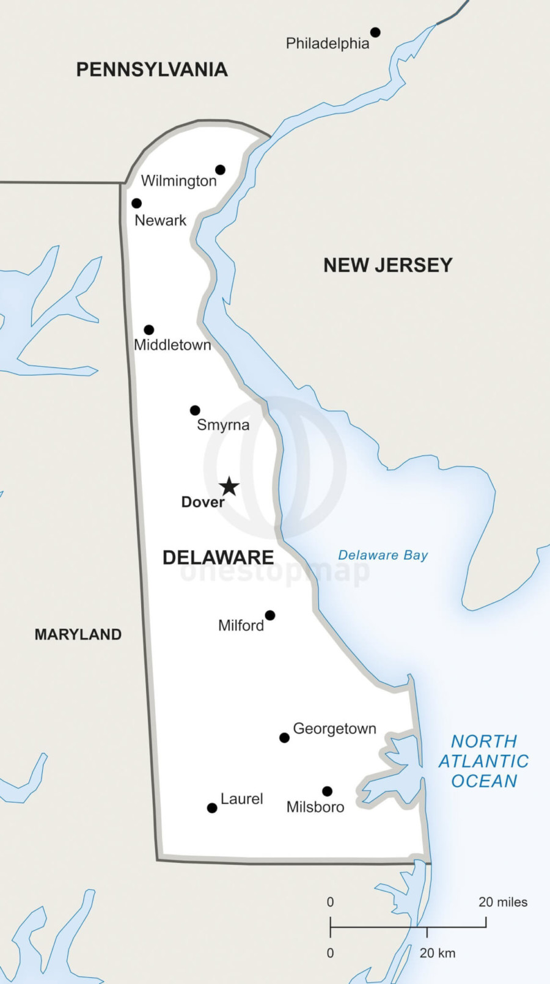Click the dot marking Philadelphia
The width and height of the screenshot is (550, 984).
click(x=375, y=32)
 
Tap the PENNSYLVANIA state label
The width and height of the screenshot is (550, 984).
click(x=152, y=70)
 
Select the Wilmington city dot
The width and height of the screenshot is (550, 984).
click(x=220, y=169)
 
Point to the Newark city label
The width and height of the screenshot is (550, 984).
click(x=160, y=221)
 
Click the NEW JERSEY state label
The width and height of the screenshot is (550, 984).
click(x=388, y=265)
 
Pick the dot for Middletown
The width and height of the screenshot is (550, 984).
click(x=148, y=329)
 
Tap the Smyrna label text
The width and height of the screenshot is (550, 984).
click(x=223, y=425)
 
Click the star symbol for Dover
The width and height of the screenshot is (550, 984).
click(x=229, y=486)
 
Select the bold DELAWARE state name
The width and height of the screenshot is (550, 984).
click(x=218, y=557)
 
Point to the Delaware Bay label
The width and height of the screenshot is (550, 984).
click(x=383, y=555)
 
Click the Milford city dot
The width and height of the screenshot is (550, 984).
click(x=269, y=615)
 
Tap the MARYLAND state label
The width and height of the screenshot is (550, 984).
click(x=78, y=634)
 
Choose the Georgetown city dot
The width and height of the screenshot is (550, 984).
click(x=284, y=738)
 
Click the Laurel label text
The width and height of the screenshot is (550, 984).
click(x=241, y=799)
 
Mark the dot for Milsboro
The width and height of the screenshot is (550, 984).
click(x=327, y=791)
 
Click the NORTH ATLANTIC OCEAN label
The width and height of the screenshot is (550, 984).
click(x=484, y=761)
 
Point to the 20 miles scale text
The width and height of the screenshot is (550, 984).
click(x=502, y=902)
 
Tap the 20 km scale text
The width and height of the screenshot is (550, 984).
click(x=437, y=953)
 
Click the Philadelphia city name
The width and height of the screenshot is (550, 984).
click(x=328, y=43)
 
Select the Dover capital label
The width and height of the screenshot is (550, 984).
click(x=203, y=502)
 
